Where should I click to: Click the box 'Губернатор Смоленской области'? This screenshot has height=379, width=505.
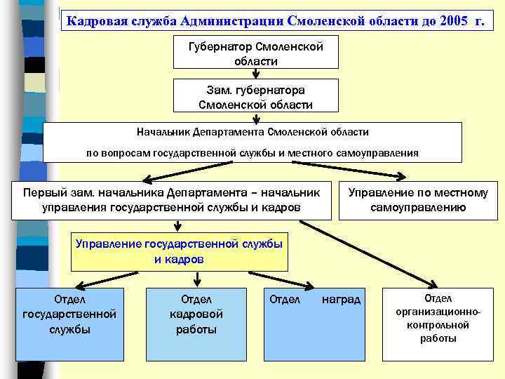point(256,53)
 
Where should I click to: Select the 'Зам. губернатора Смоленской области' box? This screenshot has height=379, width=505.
point(256,98)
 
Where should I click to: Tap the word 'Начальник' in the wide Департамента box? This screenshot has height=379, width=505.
point(161,132)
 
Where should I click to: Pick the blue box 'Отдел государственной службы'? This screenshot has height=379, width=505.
point(69,323)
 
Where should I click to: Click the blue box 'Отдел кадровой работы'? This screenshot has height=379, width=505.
point(196,323)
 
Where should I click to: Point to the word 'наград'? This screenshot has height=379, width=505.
point(341,300)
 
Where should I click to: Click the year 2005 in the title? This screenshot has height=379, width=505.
point(457,20)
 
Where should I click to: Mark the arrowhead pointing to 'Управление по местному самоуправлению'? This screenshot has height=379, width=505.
point(405,176)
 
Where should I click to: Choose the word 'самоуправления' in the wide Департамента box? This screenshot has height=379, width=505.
point(383,153)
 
